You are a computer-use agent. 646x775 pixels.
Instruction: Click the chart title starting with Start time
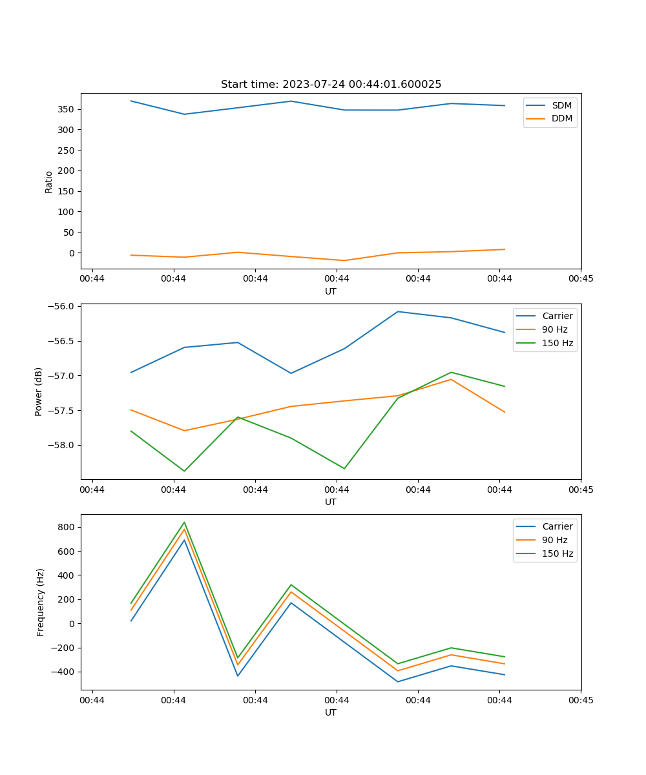click(331, 85)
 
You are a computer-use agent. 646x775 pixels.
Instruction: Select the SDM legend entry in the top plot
click(561, 105)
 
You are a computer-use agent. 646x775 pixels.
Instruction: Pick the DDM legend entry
click(561, 118)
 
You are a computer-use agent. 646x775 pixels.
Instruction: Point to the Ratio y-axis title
click(49, 181)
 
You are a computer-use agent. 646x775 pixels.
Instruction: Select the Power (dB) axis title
click(39, 391)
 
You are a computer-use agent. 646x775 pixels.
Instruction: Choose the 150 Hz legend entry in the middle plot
click(557, 343)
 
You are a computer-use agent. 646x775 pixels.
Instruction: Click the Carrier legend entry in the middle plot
click(557, 316)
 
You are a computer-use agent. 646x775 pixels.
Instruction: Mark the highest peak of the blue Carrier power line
click(398, 311)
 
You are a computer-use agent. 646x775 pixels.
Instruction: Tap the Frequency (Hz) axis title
click(41, 602)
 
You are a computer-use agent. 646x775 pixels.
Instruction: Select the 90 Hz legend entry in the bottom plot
click(554, 540)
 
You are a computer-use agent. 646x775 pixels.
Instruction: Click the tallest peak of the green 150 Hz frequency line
click(184, 522)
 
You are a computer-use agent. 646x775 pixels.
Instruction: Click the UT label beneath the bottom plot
click(331, 712)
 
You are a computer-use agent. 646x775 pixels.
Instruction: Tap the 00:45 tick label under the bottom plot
click(581, 699)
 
